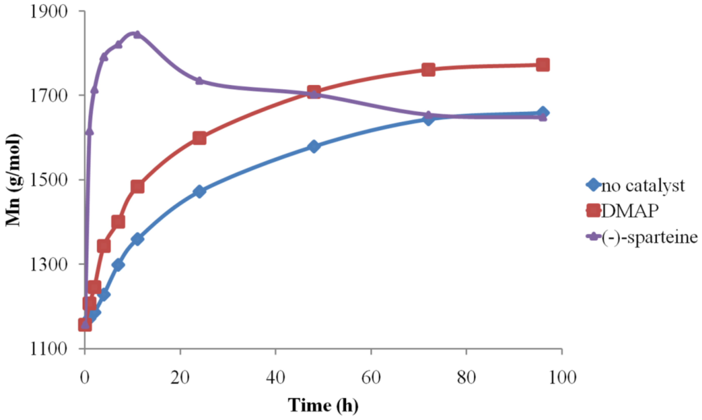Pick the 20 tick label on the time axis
180,378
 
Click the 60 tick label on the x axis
371,378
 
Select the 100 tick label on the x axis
562,378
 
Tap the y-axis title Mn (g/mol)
14,180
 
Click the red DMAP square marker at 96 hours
543,65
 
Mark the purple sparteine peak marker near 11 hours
137,34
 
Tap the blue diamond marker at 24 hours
199,192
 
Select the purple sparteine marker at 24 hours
199,81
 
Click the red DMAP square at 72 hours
428,70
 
